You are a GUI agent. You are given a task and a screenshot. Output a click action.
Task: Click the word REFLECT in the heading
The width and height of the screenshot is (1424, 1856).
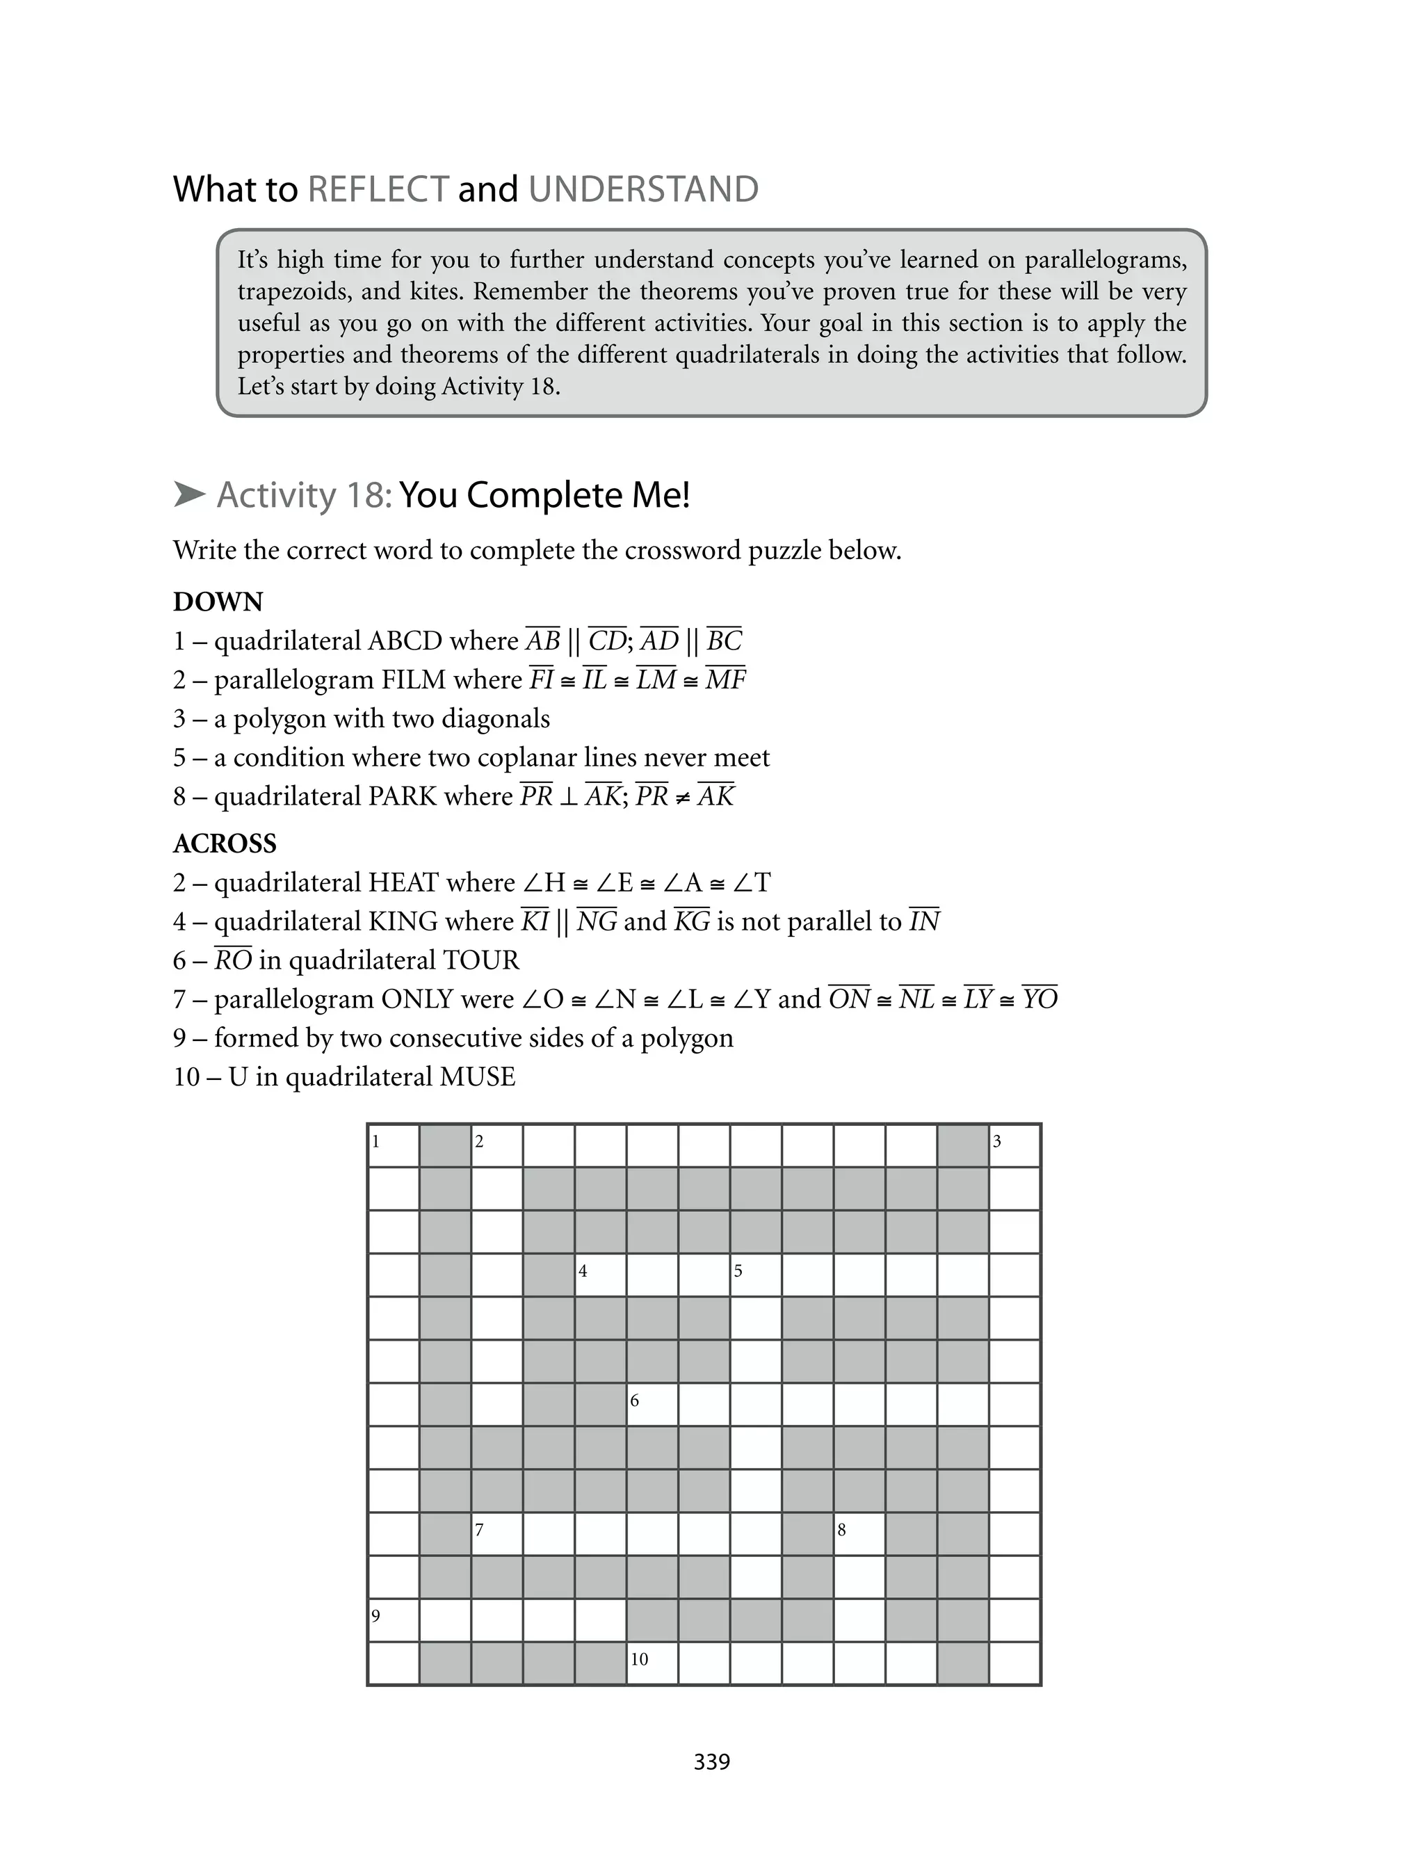point(378,189)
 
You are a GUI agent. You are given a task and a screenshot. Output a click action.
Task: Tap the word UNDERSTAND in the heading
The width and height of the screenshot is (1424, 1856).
point(643,189)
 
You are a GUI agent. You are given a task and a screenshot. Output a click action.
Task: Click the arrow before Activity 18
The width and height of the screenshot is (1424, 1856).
point(189,494)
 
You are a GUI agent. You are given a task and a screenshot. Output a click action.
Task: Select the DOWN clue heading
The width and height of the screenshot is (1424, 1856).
point(218,602)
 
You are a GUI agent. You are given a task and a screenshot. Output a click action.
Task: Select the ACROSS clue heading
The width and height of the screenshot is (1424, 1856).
point(225,844)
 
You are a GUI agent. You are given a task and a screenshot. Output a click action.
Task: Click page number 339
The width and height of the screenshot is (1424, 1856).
point(711,1761)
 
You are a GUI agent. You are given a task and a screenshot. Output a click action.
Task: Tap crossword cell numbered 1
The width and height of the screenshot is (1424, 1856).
point(394,1147)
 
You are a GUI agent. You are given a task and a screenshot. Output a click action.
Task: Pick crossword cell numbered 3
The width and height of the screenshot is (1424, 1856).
point(1014,1147)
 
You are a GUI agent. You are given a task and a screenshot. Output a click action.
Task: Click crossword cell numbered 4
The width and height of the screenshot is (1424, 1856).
point(601,1276)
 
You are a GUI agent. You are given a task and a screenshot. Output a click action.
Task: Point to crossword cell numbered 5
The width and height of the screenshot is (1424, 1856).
point(755,1276)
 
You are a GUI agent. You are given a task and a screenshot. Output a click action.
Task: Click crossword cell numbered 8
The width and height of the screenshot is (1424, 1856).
point(859,1535)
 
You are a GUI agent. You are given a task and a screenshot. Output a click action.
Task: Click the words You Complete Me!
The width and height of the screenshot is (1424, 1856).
point(544,495)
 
